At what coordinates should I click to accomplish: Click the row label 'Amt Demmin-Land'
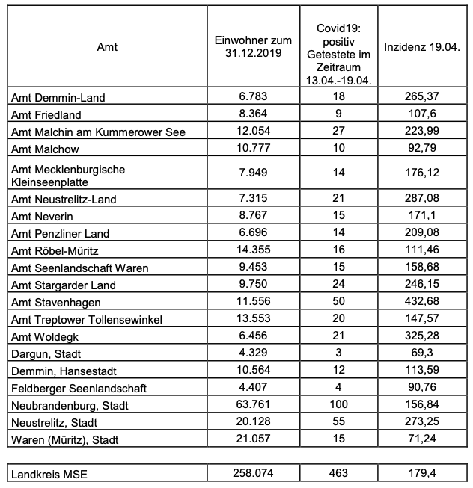(58, 97)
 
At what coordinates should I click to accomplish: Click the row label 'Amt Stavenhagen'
(55, 303)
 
